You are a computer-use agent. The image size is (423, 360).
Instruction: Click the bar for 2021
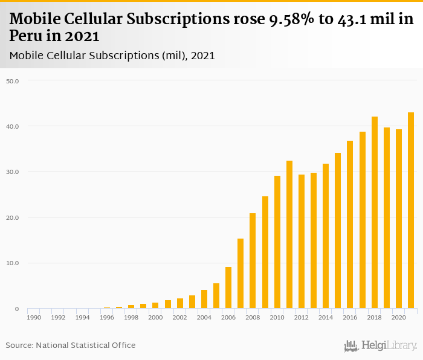coord(411,210)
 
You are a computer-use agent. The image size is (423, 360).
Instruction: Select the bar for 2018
coord(375,213)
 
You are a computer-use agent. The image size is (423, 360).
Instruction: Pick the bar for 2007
coord(241,274)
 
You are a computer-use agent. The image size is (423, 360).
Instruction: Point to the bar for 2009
coord(265,252)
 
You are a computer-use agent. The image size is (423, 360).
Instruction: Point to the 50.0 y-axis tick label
coord(13,80)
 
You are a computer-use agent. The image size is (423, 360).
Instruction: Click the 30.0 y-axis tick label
coord(13,172)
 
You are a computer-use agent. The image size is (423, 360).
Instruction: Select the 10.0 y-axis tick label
coord(13,263)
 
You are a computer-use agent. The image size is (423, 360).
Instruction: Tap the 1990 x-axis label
coord(34,317)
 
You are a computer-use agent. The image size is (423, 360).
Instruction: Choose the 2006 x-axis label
coord(228,317)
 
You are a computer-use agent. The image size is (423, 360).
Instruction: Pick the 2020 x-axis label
coord(399,317)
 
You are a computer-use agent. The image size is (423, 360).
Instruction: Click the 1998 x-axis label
coord(131,317)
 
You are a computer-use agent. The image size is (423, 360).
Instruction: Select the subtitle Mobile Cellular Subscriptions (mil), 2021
coord(112,56)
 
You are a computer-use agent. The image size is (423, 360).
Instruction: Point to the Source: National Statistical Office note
coord(71,346)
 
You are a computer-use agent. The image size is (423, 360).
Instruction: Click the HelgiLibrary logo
coord(381,346)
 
